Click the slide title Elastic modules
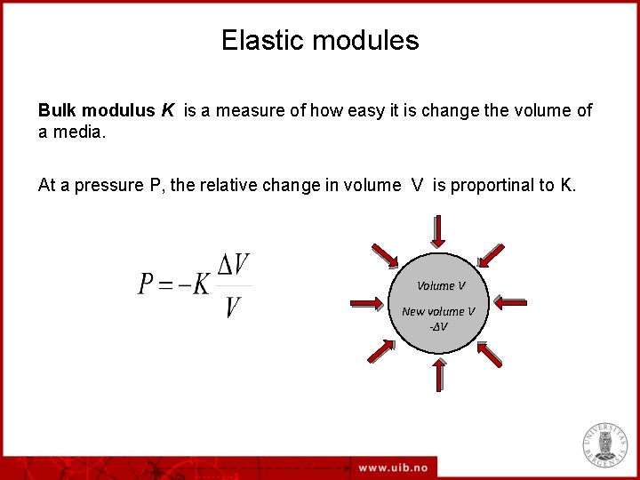coord(320,41)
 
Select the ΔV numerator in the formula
coord(233,265)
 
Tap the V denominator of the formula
coord(233,308)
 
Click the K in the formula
coord(202,284)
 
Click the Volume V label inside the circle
coord(441,285)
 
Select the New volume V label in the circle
coord(438,311)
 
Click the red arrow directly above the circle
coord(438,231)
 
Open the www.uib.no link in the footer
coord(394,468)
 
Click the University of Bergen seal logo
coord(605,444)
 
